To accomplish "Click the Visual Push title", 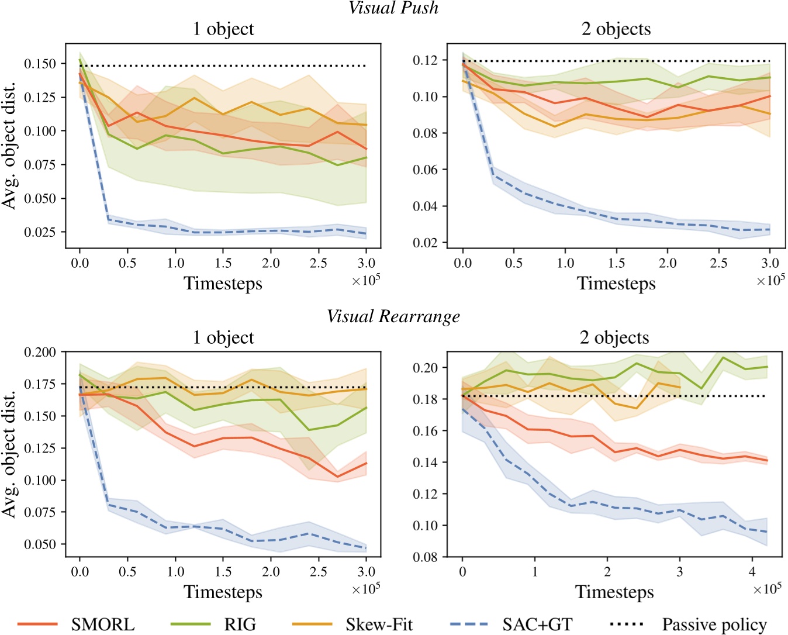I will pyautogui.click(x=393, y=8).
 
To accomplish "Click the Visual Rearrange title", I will pyautogui.click(x=393, y=317).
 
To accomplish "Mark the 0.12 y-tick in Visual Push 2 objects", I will pyautogui.click(x=425, y=60).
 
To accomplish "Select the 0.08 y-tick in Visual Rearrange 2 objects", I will pyautogui.click(x=425, y=557).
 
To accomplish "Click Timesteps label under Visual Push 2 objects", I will pyautogui.click(x=616, y=284).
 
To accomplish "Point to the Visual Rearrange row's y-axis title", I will pyautogui.click(x=9, y=454).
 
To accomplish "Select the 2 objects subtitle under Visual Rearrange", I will pyautogui.click(x=614, y=337).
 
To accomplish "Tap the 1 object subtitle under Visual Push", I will pyautogui.click(x=223, y=29).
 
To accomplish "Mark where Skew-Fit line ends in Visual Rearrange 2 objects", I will pyautogui.click(x=680, y=387).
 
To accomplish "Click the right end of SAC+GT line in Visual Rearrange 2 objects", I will pyautogui.click(x=766, y=532).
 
